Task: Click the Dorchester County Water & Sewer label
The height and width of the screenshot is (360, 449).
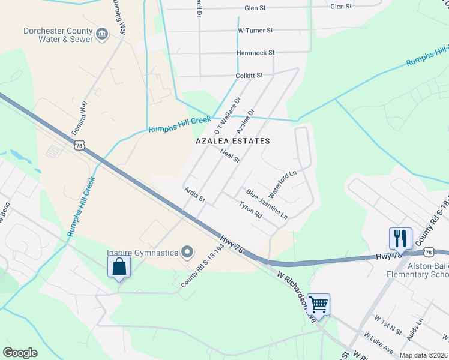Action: (58, 35)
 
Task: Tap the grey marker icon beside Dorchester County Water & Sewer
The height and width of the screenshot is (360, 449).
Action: (102, 34)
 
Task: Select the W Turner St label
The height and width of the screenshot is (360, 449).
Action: (255, 30)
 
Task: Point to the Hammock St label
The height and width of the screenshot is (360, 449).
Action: (255, 53)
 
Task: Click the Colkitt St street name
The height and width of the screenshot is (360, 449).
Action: (250, 76)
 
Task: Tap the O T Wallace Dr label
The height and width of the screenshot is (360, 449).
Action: (227, 116)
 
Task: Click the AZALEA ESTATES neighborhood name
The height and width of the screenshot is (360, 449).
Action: (233, 141)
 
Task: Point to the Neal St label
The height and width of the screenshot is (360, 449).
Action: (229, 157)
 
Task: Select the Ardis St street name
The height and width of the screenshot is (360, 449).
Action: (195, 194)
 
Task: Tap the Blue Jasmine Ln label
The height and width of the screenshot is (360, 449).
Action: (267, 203)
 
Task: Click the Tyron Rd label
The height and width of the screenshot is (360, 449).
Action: (250, 209)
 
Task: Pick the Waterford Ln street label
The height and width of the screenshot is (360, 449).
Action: (283, 185)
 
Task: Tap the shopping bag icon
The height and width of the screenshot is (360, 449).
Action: (119, 266)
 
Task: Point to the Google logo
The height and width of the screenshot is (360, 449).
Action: (20, 353)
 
